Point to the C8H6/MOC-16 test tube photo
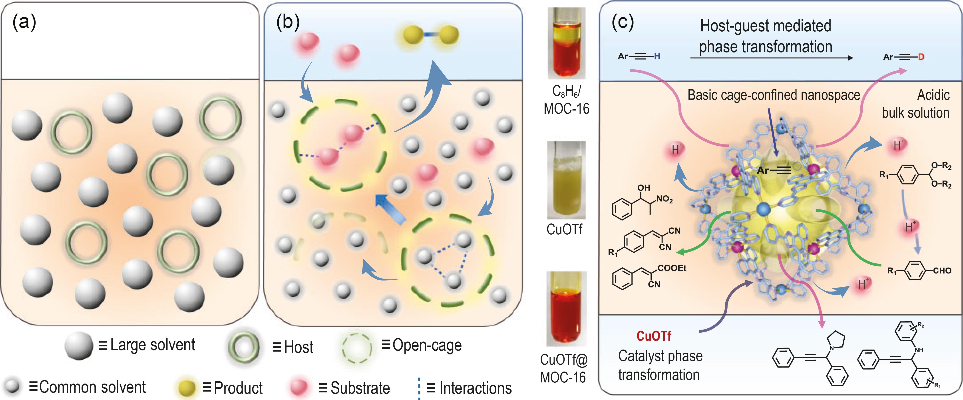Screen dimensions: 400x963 click(x=566, y=43)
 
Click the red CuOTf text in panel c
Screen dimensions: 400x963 click(x=653, y=336)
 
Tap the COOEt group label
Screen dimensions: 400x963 click(x=672, y=268)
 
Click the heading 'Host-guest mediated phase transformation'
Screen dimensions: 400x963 click(x=765, y=36)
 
